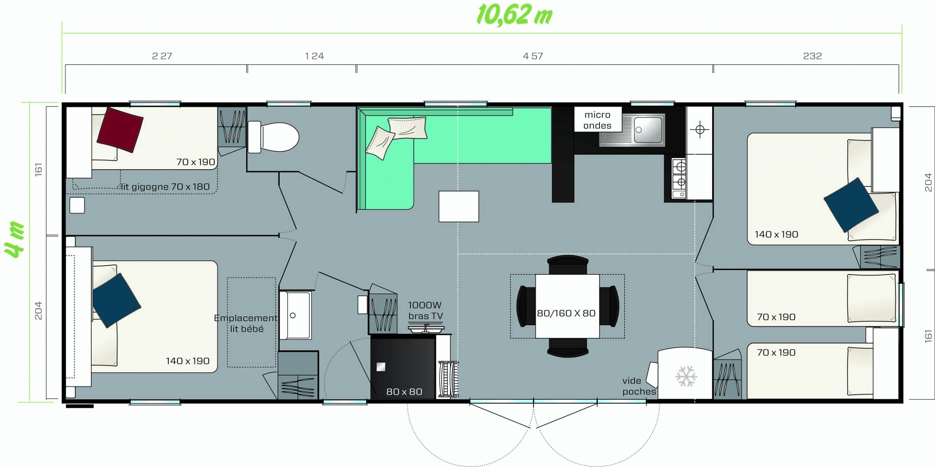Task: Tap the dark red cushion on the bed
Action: [x=120, y=130]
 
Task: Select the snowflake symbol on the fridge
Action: [x=686, y=376]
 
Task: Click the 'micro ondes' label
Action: [x=598, y=120]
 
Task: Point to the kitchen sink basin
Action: [x=648, y=130]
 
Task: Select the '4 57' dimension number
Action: [x=533, y=56]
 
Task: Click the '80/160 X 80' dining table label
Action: [x=566, y=313]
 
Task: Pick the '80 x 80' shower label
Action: [x=404, y=392]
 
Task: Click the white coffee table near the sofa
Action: [x=459, y=206]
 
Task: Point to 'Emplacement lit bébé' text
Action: [x=246, y=323]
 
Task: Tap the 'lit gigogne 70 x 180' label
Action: [x=165, y=187]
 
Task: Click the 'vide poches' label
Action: [x=639, y=386]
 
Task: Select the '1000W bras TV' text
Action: [x=425, y=311]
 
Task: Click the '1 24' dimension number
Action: [x=314, y=56]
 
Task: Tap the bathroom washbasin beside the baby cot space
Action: [x=295, y=315]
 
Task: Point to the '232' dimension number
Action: [x=812, y=56]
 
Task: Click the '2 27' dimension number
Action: [x=162, y=56]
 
